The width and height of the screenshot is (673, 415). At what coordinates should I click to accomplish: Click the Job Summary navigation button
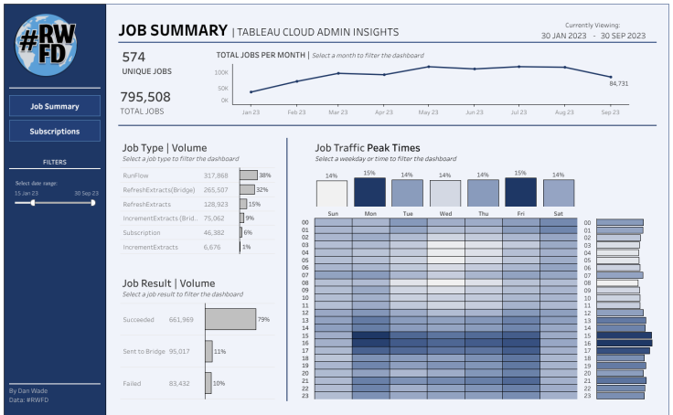[x=55, y=106]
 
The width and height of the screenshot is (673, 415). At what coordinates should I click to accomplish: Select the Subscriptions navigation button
[x=55, y=132]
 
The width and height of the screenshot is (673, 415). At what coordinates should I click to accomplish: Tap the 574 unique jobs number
[x=134, y=57]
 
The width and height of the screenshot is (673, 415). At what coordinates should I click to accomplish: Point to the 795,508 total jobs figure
[x=146, y=97]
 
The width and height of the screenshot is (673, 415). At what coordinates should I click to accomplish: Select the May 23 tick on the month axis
[x=429, y=112]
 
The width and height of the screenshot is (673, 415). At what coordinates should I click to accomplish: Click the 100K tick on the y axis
[x=222, y=71]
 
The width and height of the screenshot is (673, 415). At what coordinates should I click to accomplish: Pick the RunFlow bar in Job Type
[x=248, y=175]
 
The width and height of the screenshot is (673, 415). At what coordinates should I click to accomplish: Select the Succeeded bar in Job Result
[x=230, y=319]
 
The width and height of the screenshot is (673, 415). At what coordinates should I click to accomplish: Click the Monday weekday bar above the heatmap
[x=370, y=193]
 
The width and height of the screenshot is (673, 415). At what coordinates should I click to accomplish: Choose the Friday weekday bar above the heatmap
[x=520, y=193]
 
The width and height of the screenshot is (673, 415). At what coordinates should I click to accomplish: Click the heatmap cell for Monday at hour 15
[x=370, y=335]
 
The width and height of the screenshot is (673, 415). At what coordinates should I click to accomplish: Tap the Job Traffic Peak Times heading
[x=368, y=147]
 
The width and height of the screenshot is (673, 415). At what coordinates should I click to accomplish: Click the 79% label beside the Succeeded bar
[x=263, y=319]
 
